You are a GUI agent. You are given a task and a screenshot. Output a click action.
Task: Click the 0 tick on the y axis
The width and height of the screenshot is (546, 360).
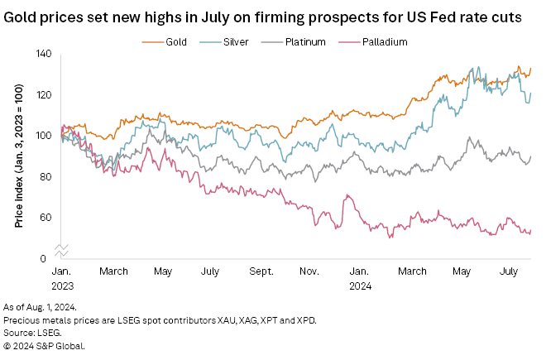[48, 259]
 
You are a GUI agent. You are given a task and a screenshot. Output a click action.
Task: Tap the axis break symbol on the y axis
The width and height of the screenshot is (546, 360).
[60, 249]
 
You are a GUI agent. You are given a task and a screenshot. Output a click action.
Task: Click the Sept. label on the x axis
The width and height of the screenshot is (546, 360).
[261, 271]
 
